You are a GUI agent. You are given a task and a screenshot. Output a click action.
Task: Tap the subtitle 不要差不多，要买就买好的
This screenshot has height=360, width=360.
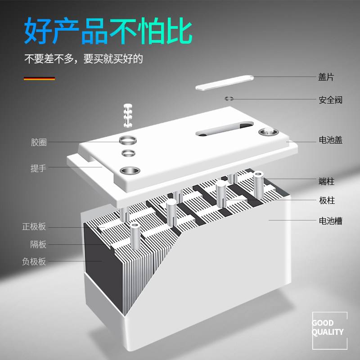[x=83, y=59]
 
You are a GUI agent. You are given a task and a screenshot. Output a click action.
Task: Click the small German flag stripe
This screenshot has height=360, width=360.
[x=39, y=79]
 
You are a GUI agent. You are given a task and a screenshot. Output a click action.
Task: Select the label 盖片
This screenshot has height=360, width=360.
[x=326, y=77]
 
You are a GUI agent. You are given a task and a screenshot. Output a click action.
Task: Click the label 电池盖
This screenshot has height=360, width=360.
[x=330, y=140]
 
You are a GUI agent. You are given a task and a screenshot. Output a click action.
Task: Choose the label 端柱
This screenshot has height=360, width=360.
[x=326, y=182]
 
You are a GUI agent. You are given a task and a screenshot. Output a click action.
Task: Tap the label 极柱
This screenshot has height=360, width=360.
[x=327, y=201]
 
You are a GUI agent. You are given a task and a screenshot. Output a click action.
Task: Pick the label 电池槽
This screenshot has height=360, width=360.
[x=330, y=221]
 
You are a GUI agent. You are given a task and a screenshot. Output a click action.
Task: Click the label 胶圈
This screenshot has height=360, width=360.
[x=39, y=142]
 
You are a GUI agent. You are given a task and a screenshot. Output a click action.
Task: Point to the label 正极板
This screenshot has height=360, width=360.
[x=34, y=227]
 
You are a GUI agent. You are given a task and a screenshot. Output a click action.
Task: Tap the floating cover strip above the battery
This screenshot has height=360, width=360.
[x=224, y=82]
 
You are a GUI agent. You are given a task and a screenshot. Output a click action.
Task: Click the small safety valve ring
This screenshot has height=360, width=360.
[x=229, y=99]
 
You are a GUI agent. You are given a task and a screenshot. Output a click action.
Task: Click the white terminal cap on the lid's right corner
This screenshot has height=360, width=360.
[x=269, y=131]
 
